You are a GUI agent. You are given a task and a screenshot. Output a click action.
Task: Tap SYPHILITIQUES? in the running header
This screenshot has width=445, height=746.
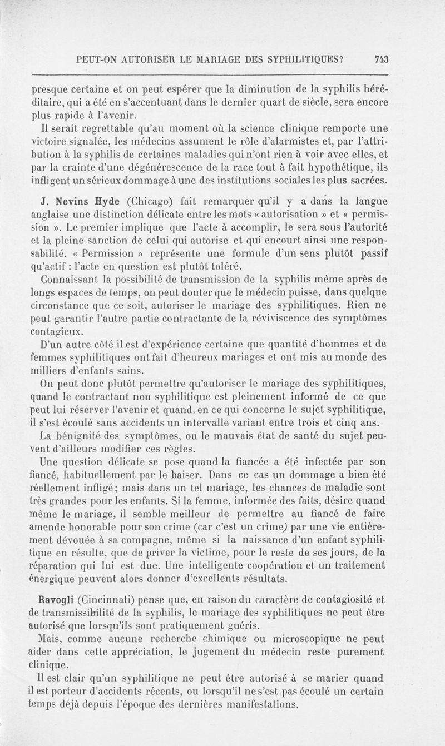[x=314, y=59]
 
